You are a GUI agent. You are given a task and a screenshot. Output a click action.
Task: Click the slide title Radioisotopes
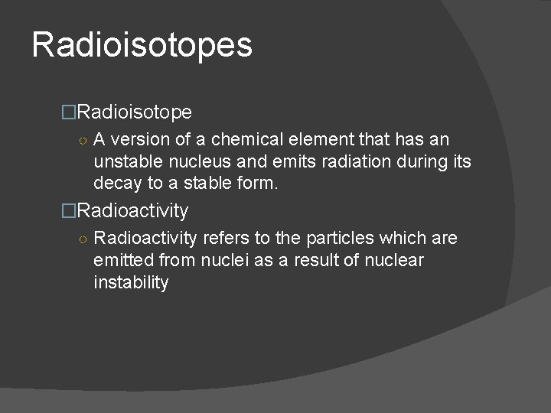pyautogui.click(x=142, y=44)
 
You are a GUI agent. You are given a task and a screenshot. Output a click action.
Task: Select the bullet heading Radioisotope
pyautogui.click(x=135, y=112)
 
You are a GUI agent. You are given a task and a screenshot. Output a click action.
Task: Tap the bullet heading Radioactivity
pyautogui.click(x=132, y=210)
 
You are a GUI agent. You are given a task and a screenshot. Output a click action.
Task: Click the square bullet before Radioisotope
pyautogui.click(x=69, y=113)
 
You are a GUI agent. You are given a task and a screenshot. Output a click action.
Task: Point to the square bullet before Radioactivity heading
pyautogui.click(x=69, y=210)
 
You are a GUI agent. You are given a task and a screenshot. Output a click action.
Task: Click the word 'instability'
pyautogui.click(x=131, y=282)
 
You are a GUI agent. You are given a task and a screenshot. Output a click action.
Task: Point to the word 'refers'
pyautogui.click(x=226, y=238)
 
